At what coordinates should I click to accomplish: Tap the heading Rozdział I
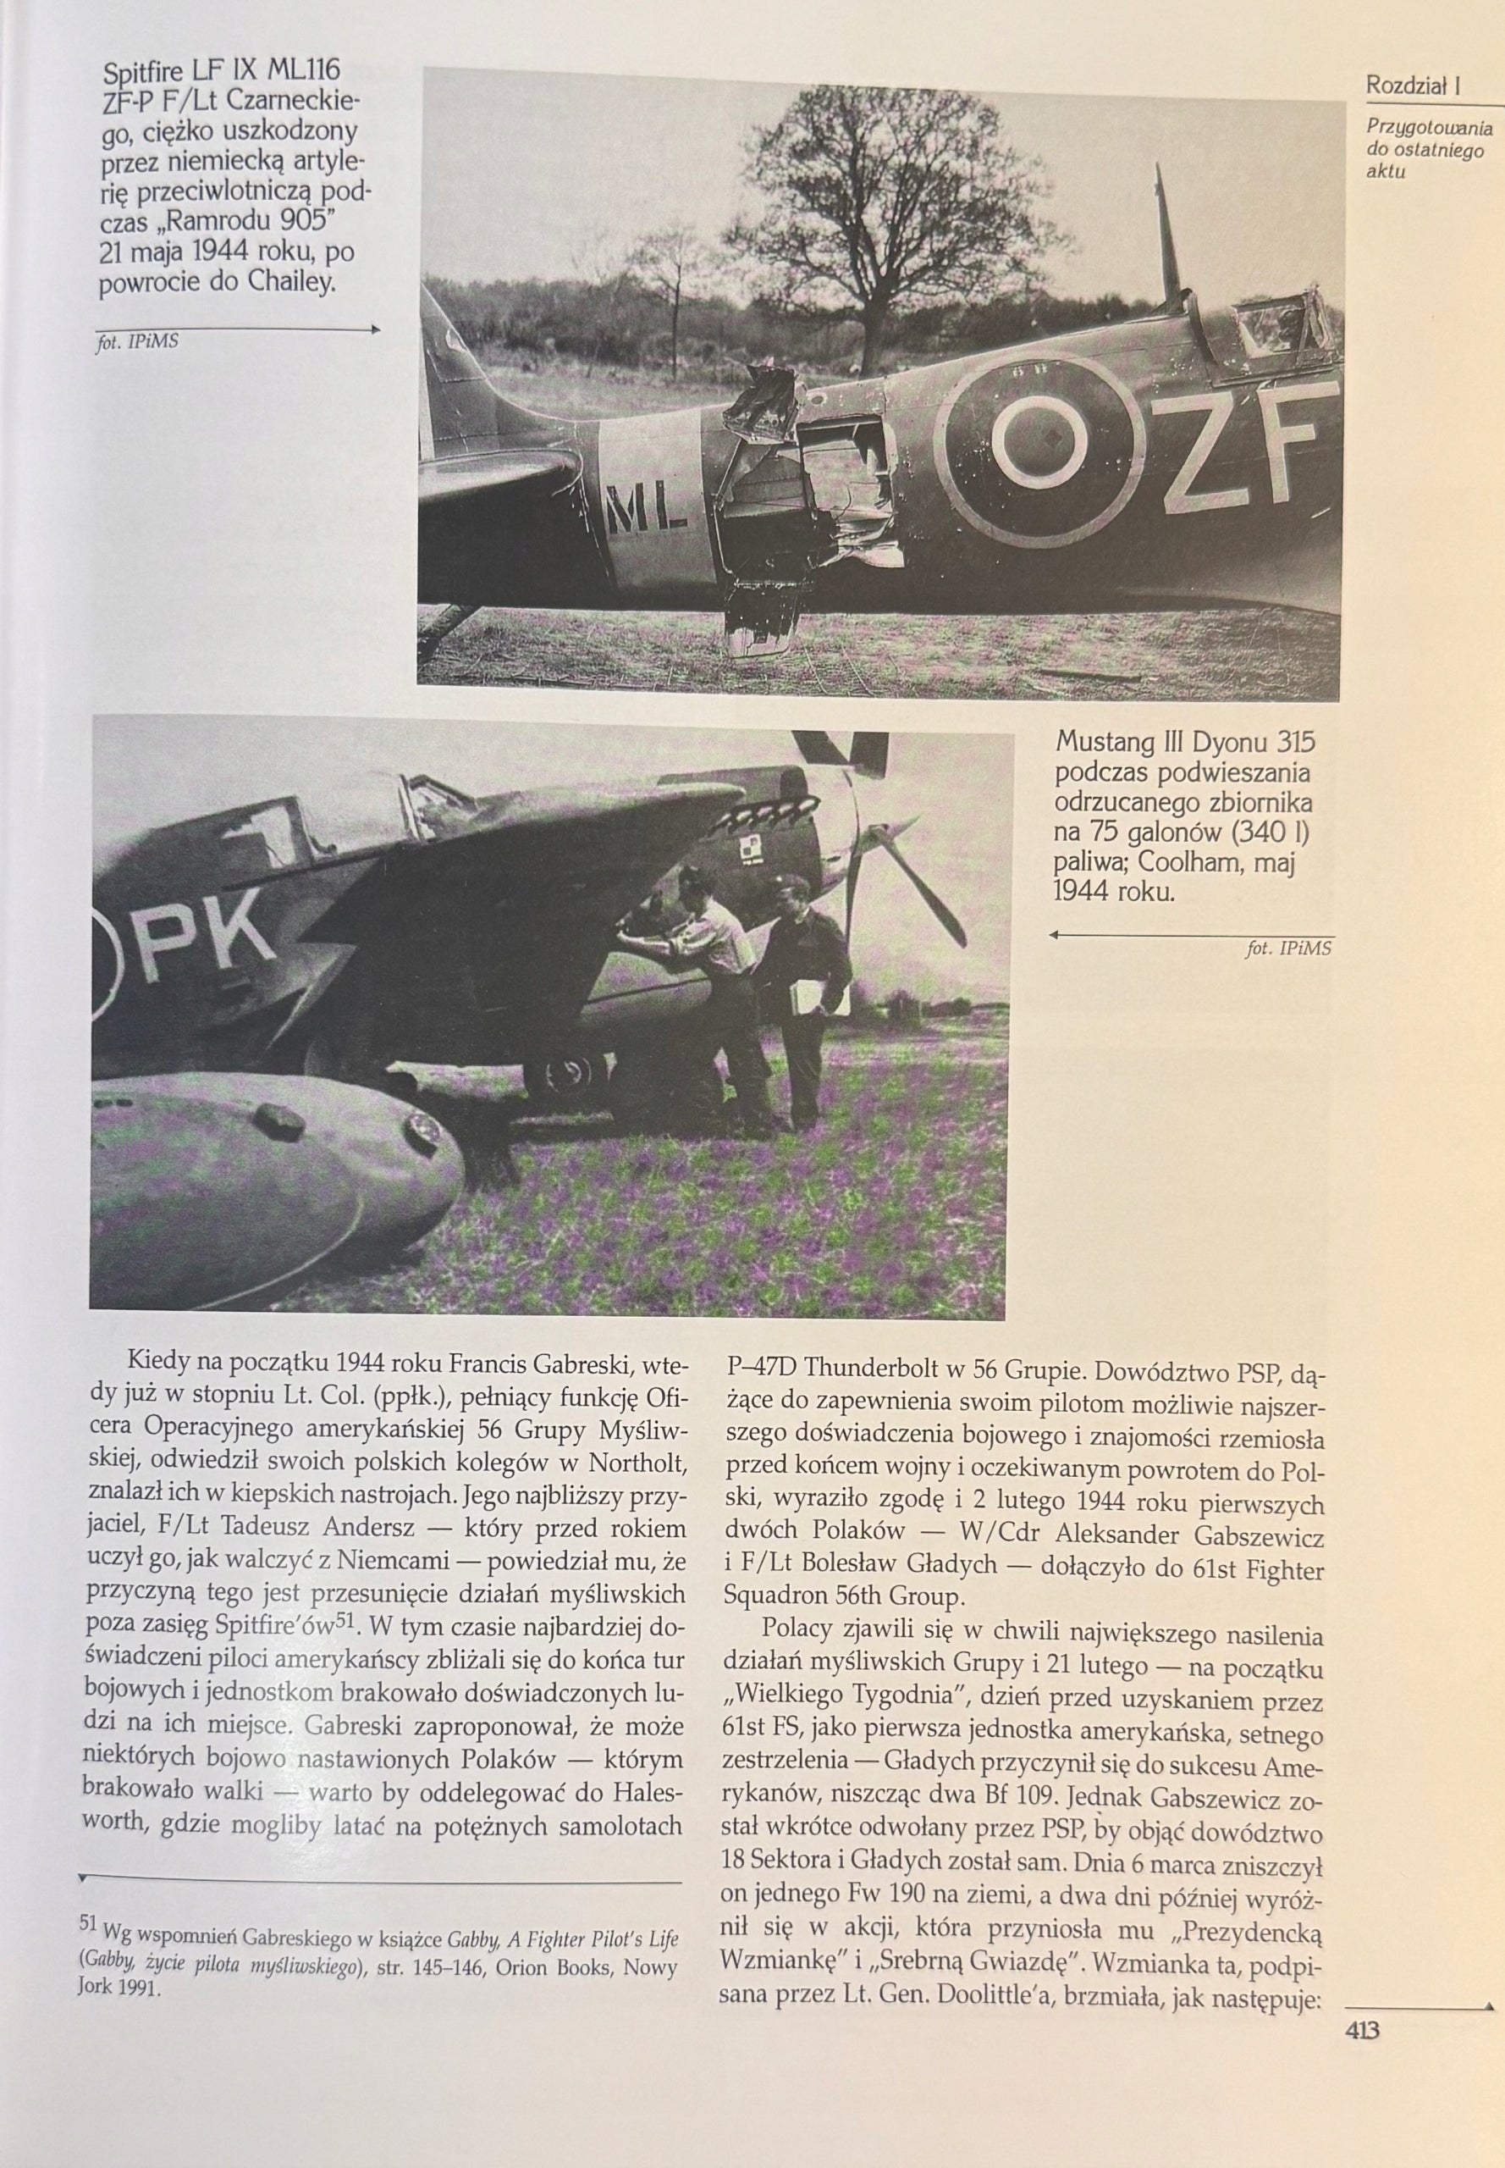pos(1414,86)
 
